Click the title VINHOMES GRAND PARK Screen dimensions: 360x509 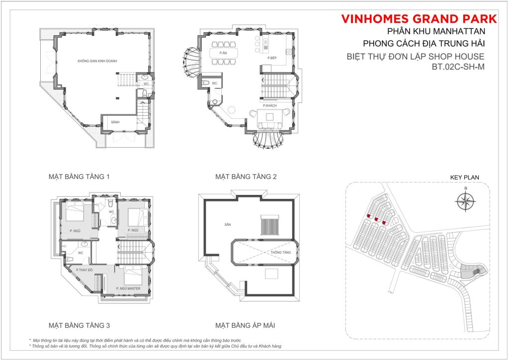point(419,19)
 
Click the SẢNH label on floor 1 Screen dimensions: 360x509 point(115,122)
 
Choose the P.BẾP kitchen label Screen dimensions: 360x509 point(272,58)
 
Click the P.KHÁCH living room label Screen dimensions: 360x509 point(270,106)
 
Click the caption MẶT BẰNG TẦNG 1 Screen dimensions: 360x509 point(79,177)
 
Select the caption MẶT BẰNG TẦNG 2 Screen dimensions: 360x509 point(246,177)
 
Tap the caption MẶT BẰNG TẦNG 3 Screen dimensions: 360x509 point(79,326)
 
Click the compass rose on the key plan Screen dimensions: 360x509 point(465,202)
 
